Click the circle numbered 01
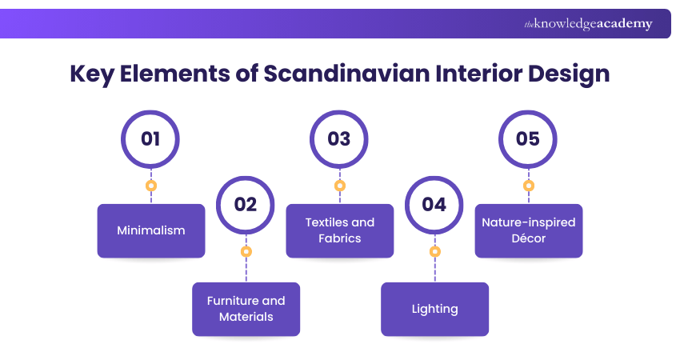pos(150,139)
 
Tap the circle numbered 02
pos(246,205)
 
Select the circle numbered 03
pos(339,139)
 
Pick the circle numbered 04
pos(434,205)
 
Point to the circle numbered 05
pos(528,139)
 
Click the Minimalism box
pos(151,230)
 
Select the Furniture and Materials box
pos(246,309)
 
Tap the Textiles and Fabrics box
pos(339,230)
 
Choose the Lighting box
pos(434,309)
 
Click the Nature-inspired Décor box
pos(528,230)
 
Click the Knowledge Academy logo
pos(588,24)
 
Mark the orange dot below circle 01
pos(150,186)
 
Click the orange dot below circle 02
pos(246,251)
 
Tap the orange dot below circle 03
pos(339,186)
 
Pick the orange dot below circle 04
pos(434,251)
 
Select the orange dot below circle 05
pos(528,186)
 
